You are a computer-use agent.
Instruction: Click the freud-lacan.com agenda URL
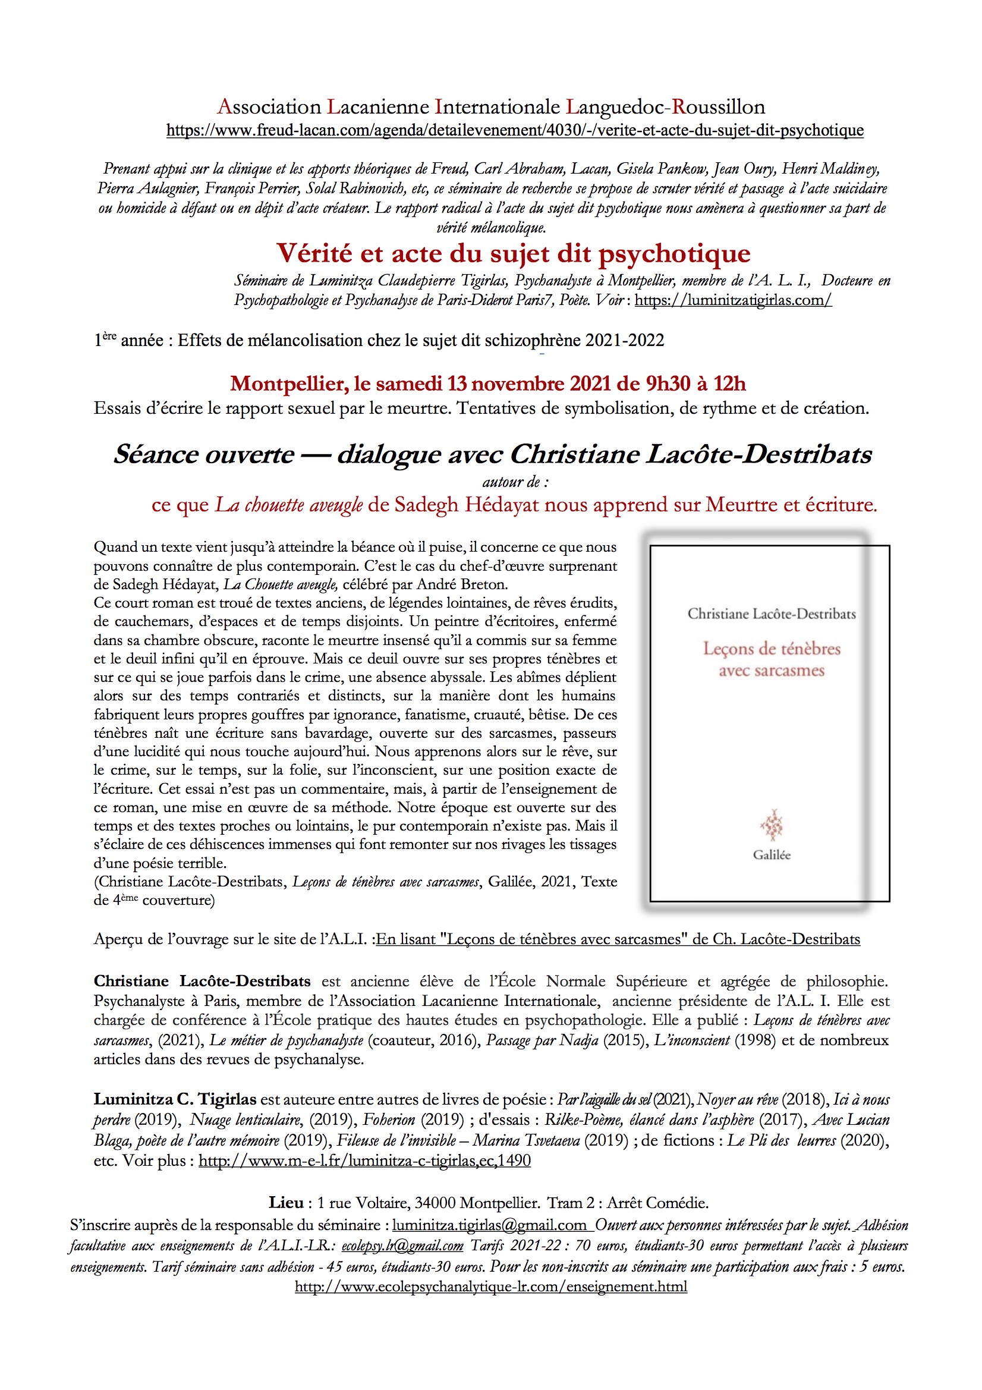click(x=515, y=130)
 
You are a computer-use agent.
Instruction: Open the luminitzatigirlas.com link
click(x=732, y=300)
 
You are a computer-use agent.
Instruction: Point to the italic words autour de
click(x=515, y=482)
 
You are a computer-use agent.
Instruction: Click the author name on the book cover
click(x=772, y=614)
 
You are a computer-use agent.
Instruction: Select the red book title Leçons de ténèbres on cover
click(x=772, y=649)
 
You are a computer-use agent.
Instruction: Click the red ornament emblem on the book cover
click(x=772, y=825)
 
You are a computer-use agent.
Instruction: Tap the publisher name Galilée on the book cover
click(x=772, y=855)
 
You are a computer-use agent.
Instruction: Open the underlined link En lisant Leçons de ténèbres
click(x=618, y=939)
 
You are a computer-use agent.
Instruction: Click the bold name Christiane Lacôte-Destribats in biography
click(x=202, y=982)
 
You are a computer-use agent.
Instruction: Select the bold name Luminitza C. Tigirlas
click(x=174, y=1099)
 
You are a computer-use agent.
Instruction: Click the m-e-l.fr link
click(x=364, y=1161)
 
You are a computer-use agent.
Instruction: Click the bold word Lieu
click(x=286, y=1202)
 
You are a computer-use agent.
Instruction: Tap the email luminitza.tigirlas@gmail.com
click(x=490, y=1225)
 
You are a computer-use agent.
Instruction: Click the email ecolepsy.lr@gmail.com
click(x=402, y=1246)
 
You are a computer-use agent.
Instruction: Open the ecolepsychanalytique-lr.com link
click(x=490, y=1287)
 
